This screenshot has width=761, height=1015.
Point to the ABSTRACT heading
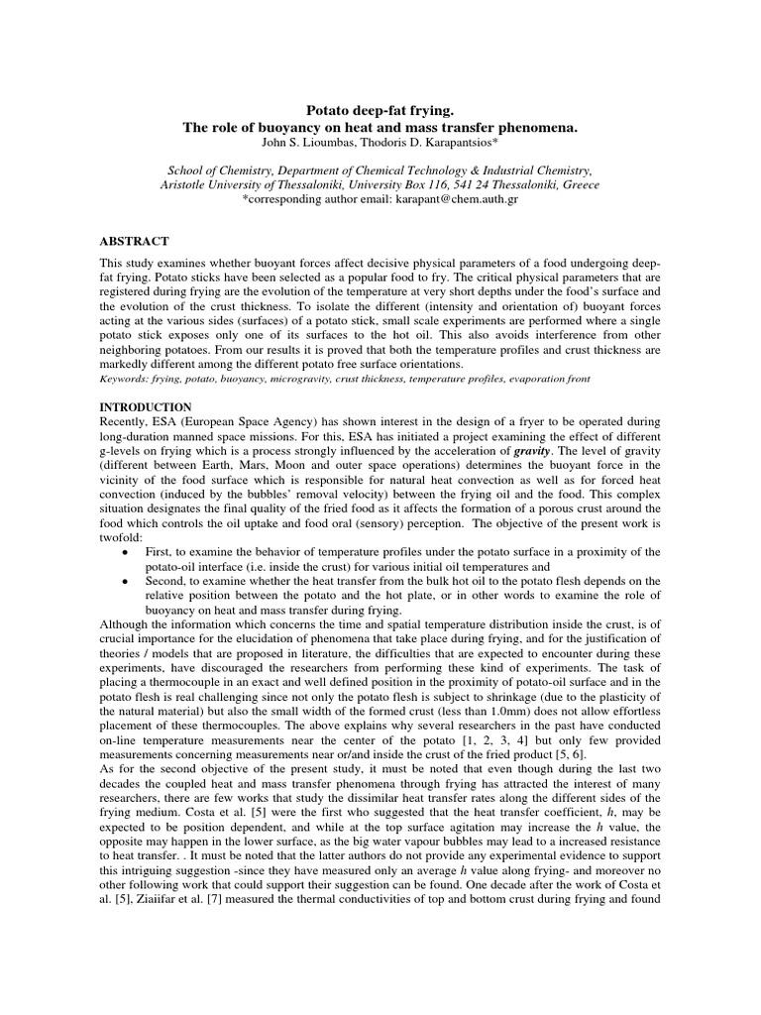click(134, 242)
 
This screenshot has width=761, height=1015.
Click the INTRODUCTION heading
click(146, 407)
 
